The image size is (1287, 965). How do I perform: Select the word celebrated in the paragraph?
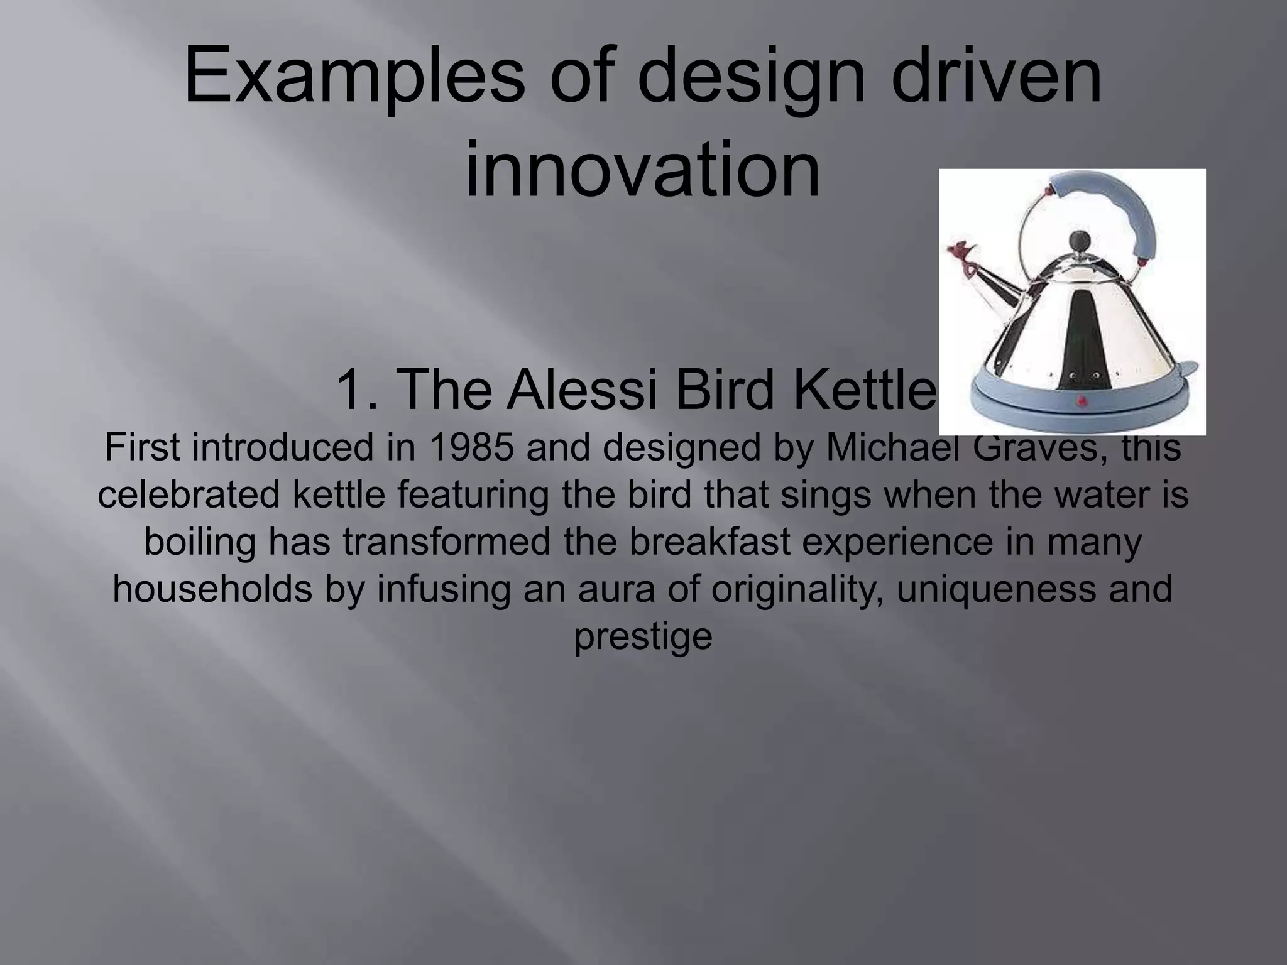tap(188, 495)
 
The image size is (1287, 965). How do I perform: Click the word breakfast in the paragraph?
tap(710, 542)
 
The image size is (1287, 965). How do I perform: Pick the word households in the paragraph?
tap(212, 589)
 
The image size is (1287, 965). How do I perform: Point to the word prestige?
tap(643, 636)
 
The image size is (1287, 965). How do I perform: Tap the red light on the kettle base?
tap(1082, 400)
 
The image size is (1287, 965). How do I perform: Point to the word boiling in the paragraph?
tap(200, 542)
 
